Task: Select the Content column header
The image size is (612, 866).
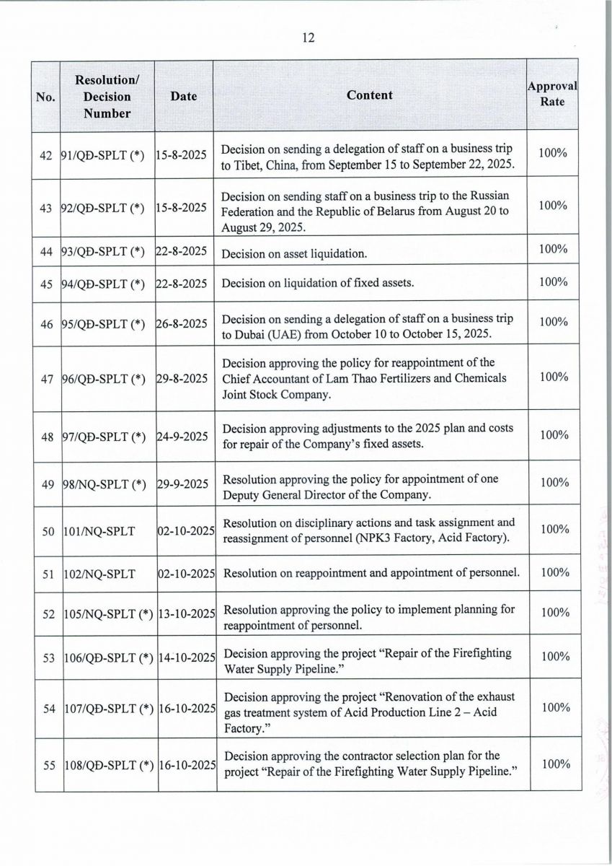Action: click(x=370, y=95)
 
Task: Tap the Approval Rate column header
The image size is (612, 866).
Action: click(x=552, y=94)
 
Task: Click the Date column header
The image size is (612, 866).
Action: click(x=184, y=96)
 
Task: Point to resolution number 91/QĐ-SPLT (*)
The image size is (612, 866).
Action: click(x=103, y=154)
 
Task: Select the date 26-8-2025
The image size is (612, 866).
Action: click(x=182, y=323)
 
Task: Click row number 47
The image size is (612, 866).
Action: click(x=49, y=377)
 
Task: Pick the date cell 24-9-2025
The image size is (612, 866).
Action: click(x=182, y=436)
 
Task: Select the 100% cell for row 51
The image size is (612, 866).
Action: click(x=554, y=572)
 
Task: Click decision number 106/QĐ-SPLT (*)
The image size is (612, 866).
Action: click(x=107, y=657)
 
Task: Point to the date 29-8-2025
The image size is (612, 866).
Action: click(x=182, y=378)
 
